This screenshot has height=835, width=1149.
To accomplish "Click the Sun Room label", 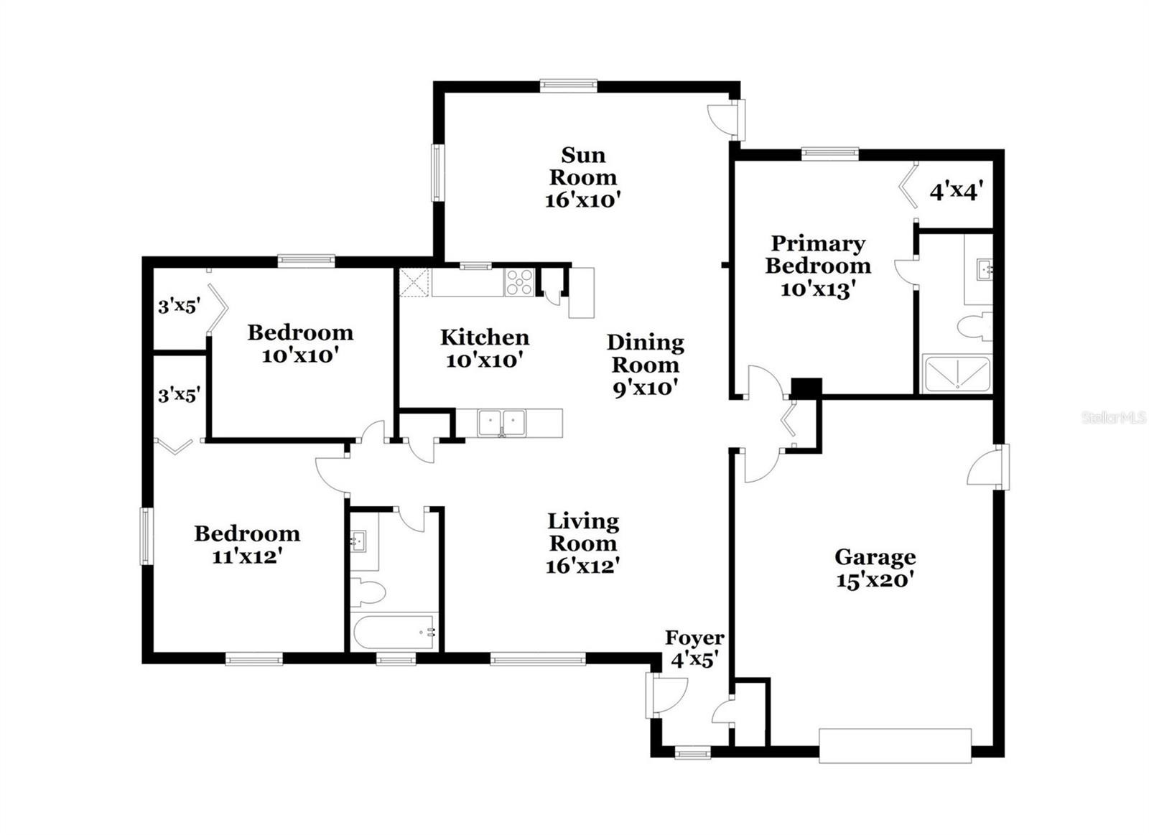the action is tap(582, 166).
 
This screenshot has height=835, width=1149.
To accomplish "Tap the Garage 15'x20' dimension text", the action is tap(875, 581).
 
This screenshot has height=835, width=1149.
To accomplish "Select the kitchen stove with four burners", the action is tap(519, 282).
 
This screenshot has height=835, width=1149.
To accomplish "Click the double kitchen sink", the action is tap(502, 423).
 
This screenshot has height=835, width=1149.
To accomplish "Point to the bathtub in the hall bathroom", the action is tap(394, 633).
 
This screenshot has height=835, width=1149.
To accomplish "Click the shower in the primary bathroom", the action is tap(957, 374).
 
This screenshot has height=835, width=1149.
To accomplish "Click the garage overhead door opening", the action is tap(895, 746).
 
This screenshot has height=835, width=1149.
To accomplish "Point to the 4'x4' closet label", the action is tap(956, 192).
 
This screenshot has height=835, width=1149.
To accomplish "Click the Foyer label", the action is tap(694, 638).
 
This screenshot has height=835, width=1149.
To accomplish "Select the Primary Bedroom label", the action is tap(818, 255).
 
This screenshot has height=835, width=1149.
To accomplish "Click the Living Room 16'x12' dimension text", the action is tap(583, 566).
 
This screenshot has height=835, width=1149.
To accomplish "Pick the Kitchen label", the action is tap(485, 337).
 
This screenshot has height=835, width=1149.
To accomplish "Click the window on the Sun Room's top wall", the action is tap(568, 85).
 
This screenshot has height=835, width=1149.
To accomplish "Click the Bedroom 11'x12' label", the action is tap(247, 545).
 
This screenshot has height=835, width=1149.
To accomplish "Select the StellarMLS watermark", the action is tap(1114, 417).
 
